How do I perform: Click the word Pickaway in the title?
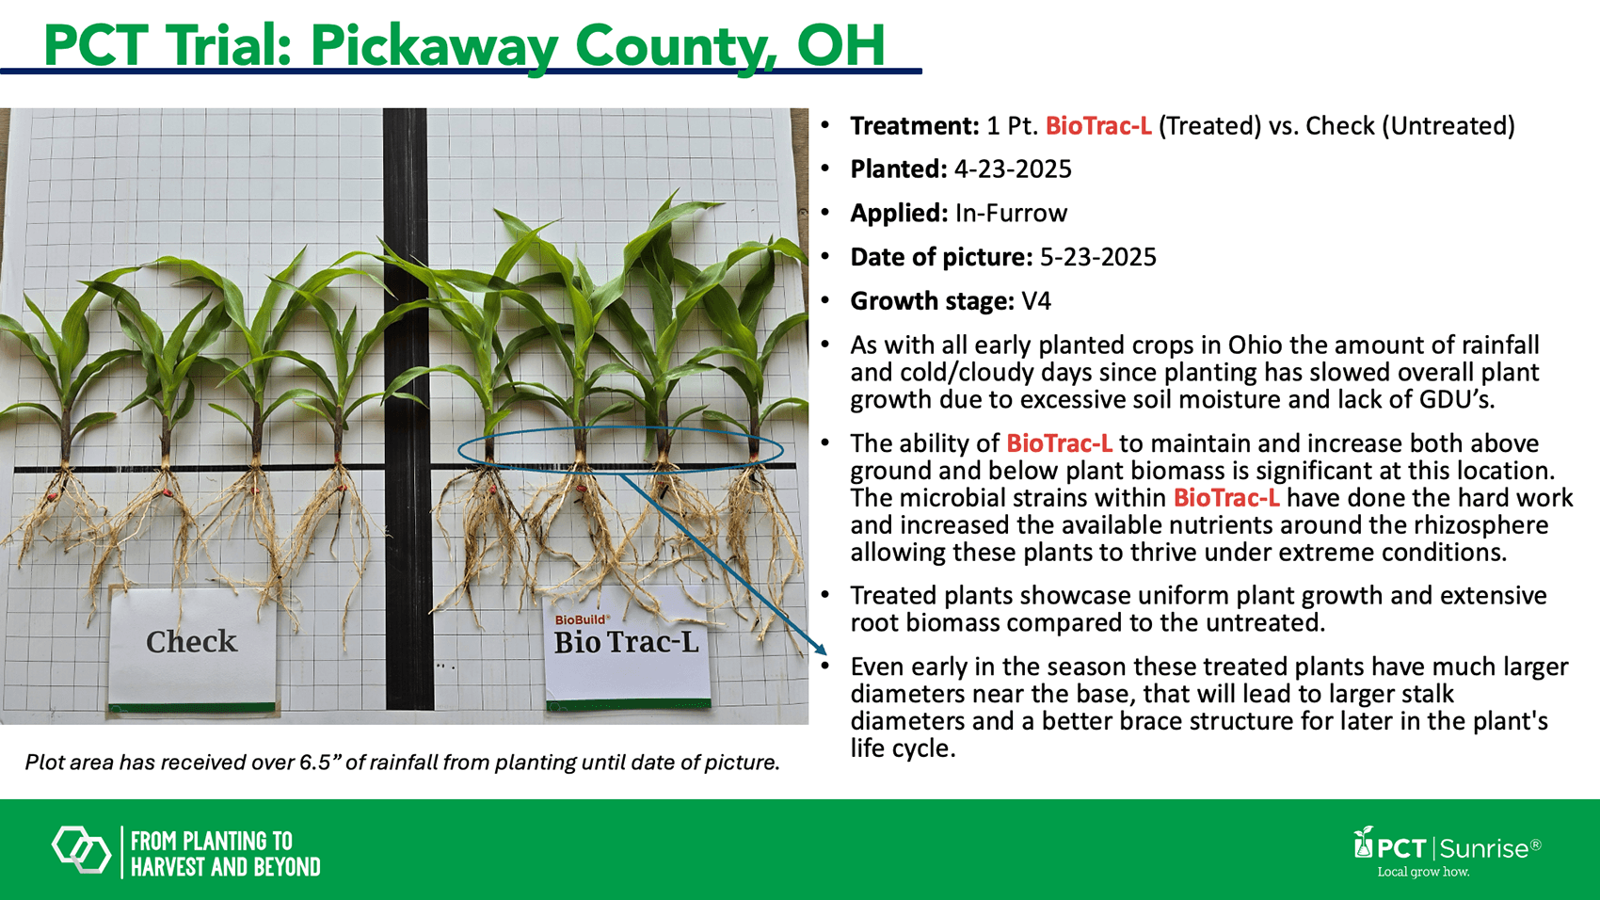click(435, 46)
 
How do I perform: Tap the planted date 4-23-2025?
click(1013, 169)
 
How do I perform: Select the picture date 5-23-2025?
click(1097, 257)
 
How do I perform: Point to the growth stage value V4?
click(1036, 301)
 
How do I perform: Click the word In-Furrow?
click(1011, 213)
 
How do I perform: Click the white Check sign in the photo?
click(192, 649)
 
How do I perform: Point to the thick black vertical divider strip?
click(408, 409)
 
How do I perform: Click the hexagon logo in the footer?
click(82, 850)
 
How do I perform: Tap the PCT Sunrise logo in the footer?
click(1448, 847)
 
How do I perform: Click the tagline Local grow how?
click(1423, 872)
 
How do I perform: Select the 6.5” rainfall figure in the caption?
click(315, 763)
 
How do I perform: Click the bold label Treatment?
click(914, 126)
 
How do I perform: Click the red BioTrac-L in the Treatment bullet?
click(1098, 126)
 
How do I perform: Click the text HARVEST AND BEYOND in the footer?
click(226, 867)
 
